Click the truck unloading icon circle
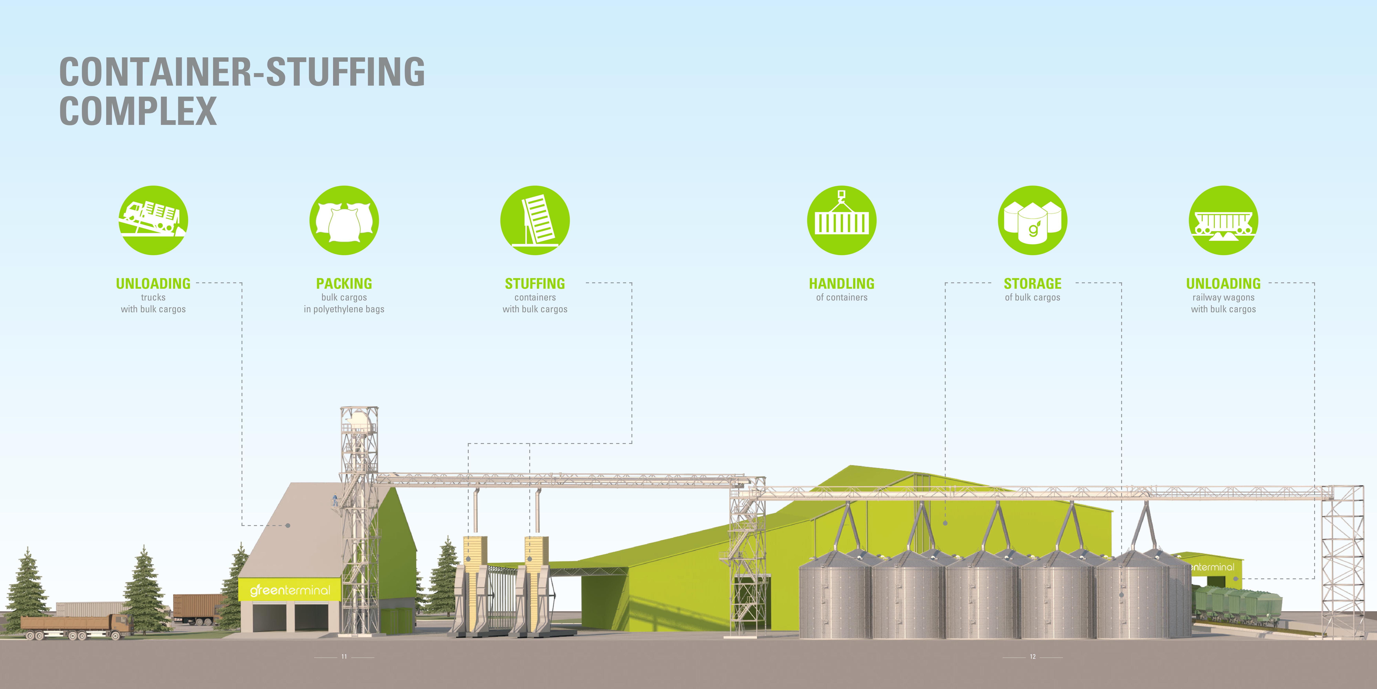point(153,220)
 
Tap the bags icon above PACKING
point(344,220)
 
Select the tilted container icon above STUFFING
point(535,220)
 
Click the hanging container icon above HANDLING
point(842,220)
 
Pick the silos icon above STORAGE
point(1033,220)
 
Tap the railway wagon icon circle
point(1224,220)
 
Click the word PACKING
point(344,284)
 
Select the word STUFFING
point(535,284)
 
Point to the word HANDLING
point(842,284)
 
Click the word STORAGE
point(1033,284)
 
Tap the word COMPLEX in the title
point(138,111)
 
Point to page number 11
point(344,656)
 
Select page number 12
point(1033,656)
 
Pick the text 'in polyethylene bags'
point(344,309)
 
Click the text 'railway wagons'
point(1224,297)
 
